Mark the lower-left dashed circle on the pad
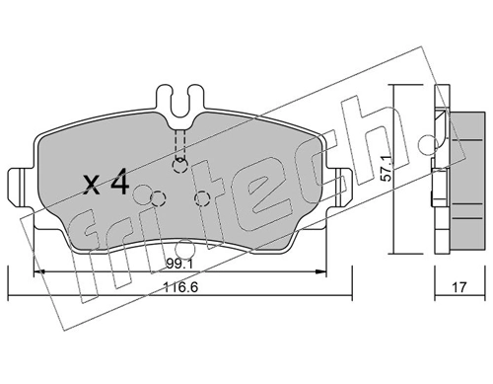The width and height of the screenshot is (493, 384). (x=152, y=200)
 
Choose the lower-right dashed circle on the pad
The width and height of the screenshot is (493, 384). (x=202, y=200)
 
